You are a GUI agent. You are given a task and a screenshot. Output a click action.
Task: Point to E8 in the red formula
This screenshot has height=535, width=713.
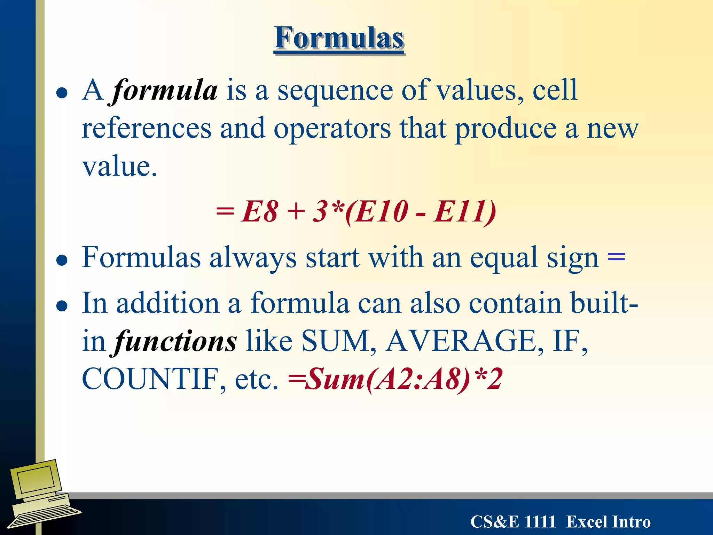click(259, 211)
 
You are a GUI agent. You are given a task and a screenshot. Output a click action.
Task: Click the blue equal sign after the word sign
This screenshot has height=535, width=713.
click(616, 258)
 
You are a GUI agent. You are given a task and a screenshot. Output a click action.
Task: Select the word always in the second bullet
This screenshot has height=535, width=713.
click(253, 258)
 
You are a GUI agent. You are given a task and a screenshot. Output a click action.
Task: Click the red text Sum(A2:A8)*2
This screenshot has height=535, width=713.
click(404, 379)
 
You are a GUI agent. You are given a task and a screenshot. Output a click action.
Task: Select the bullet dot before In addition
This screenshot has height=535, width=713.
click(62, 305)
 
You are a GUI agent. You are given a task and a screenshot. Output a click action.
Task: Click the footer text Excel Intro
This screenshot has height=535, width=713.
click(608, 522)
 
